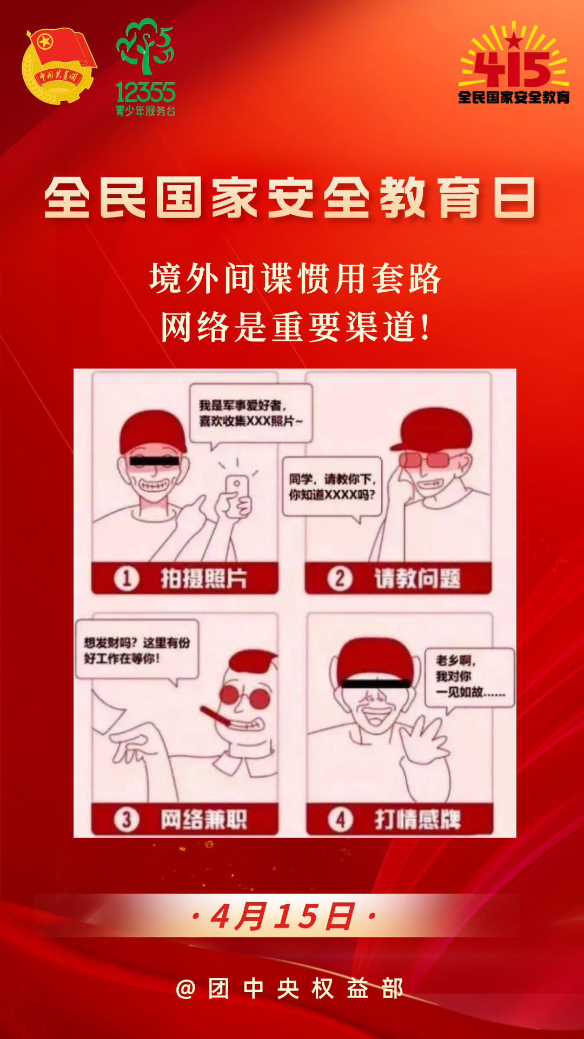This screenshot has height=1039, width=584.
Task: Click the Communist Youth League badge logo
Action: click(58, 67)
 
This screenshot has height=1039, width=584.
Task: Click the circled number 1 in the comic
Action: click(127, 578)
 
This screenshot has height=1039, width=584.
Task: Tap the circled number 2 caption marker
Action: click(340, 578)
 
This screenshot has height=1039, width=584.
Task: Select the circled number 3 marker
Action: click(127, 819)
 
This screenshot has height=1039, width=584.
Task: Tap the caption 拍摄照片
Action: click(204, 578)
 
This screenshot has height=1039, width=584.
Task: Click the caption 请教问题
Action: click(417, 578)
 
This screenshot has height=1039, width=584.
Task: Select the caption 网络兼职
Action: click(204, 819)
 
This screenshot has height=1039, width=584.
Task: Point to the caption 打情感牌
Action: click(417, 819)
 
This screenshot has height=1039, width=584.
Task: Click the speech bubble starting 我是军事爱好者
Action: click(250, 413)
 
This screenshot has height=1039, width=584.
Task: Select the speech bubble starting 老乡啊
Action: click(469, 676)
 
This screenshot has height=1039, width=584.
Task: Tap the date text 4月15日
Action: click(283, 917)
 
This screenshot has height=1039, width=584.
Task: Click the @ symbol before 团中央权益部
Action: click(185, 989)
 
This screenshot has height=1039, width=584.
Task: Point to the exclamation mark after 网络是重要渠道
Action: click(427, 327)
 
